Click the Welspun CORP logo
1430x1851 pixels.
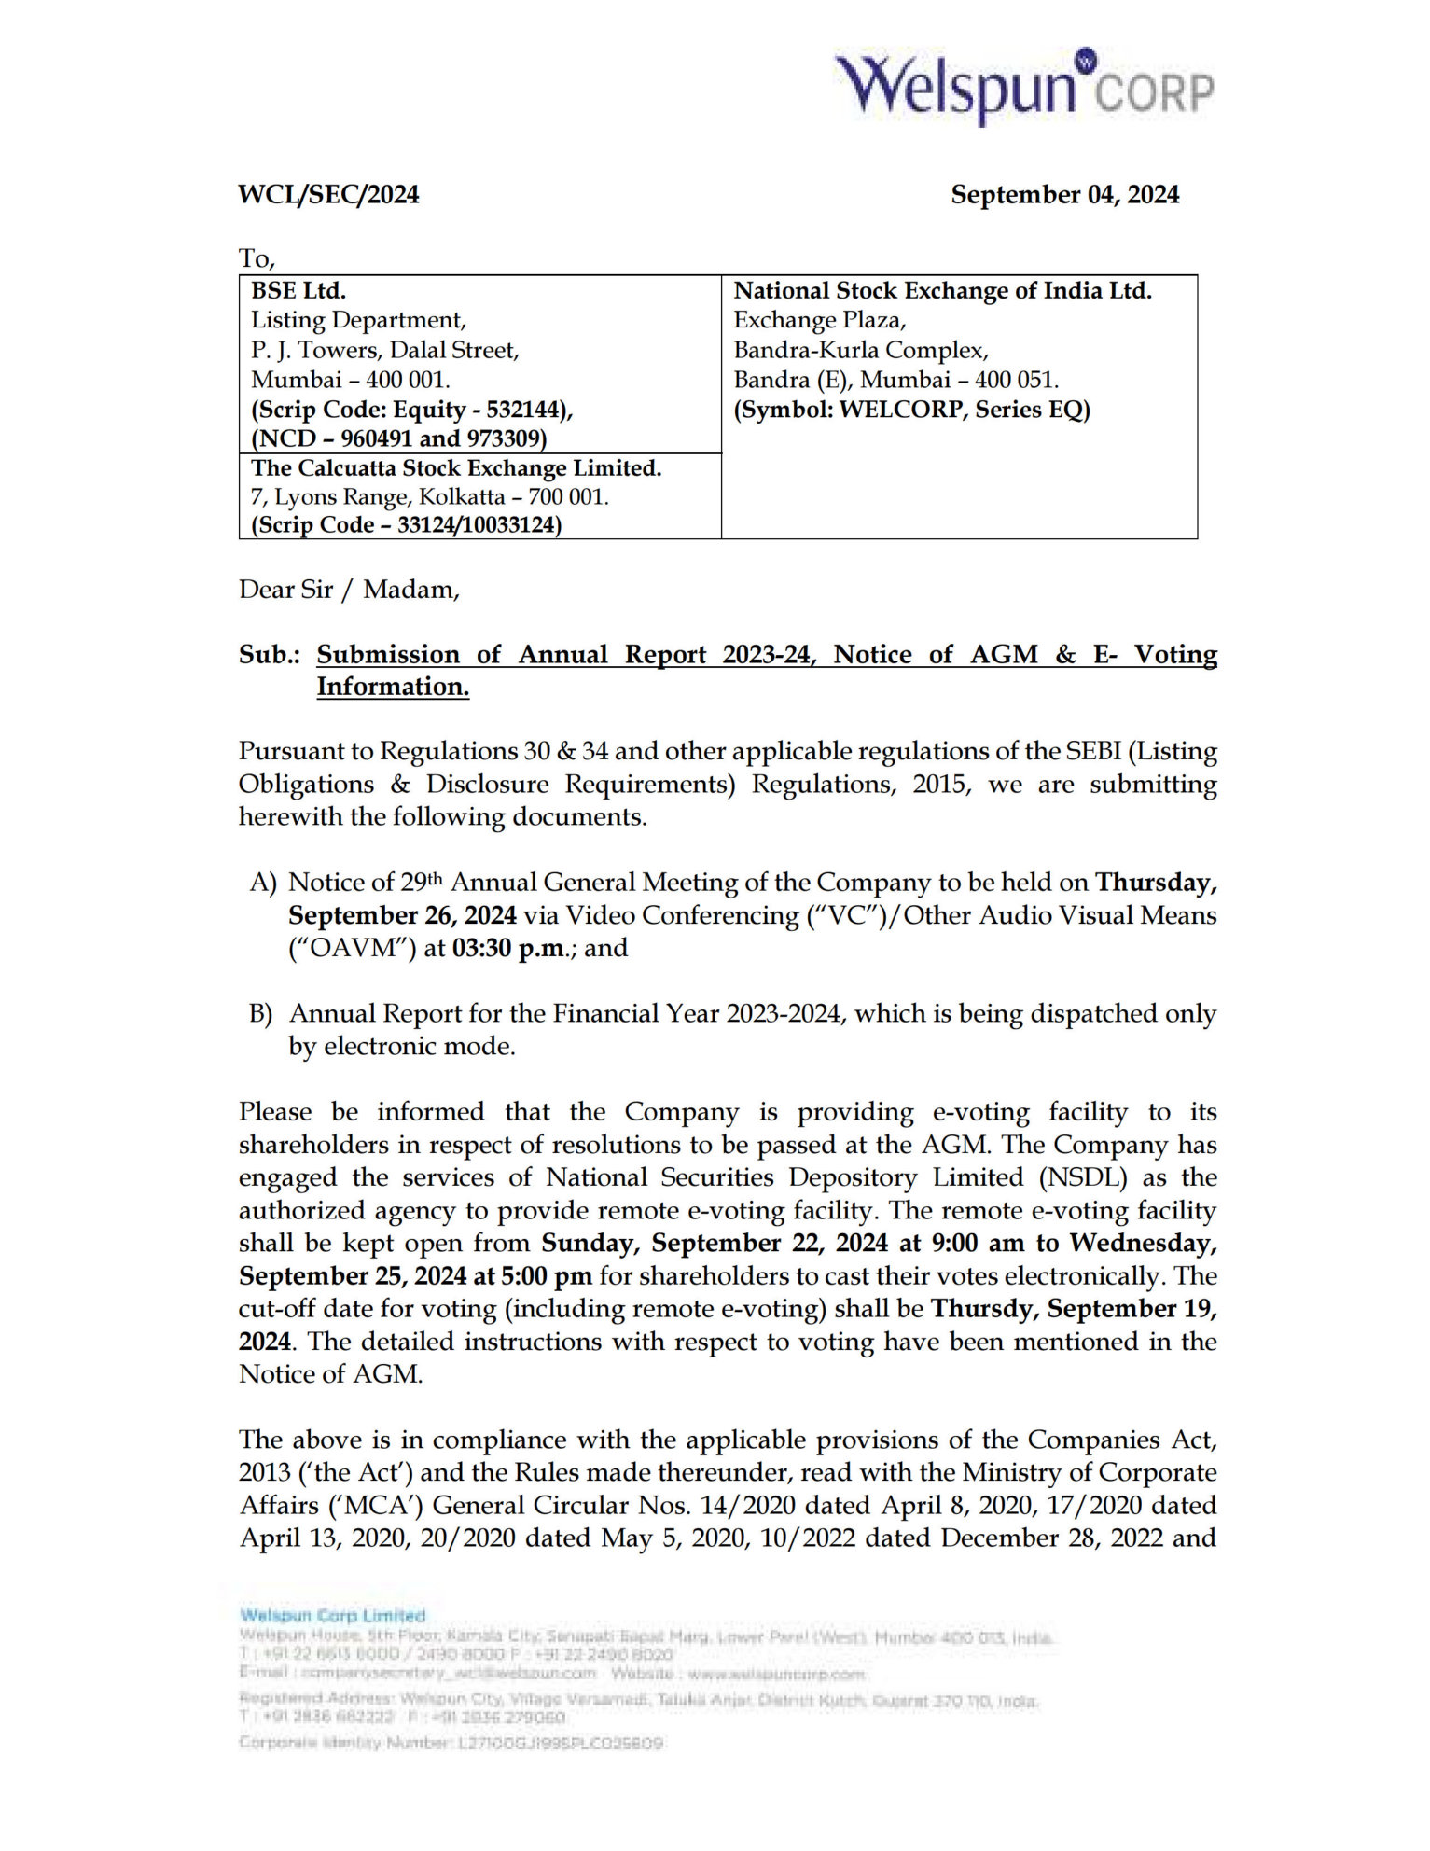pos(1023,87)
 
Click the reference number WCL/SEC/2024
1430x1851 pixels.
pos(328,195)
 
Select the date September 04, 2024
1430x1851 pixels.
pos(1064,195)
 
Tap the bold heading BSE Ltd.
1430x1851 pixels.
pos(298,291)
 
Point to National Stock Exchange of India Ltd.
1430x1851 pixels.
pos(942,291)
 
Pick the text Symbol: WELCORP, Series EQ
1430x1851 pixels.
pos(911,410)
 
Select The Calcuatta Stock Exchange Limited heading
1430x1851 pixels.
pos(456,468)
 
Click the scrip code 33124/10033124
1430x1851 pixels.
pos(479,525)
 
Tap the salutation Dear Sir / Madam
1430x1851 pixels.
pos(349,590)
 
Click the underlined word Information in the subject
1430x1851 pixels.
pos(392,687)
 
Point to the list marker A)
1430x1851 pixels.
pos(263,883)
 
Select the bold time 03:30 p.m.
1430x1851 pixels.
pos(508,949)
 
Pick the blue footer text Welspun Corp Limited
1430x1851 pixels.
pos(332,1615)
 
